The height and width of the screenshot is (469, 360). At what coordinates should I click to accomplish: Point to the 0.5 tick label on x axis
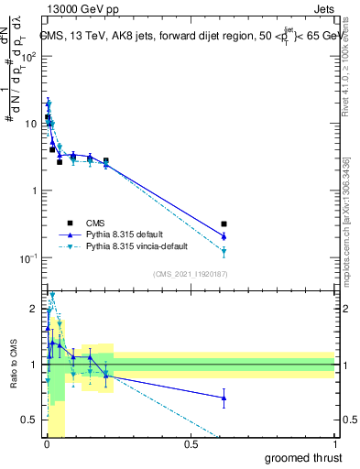pyautogui.click(x=191, y=444)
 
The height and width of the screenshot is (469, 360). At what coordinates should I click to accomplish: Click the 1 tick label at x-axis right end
pyautogui.click(x=335, y=444)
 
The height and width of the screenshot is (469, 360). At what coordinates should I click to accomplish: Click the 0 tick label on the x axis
pyautogui.click(x=47, y=444)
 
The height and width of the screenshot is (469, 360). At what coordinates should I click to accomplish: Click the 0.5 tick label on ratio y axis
pyautogui.click(x=30, y=420)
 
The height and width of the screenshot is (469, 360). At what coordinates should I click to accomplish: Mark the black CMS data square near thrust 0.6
pyautogui.click(x=224, y=224)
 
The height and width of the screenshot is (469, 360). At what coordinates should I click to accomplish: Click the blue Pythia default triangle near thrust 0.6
pyautogui.click(x=224, y=236)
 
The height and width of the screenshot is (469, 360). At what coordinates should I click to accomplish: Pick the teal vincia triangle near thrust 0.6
pyautogui.click(x=224, y=251)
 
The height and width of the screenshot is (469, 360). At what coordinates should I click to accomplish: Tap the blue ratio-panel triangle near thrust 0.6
pyautogui.click(x=224, y=397)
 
